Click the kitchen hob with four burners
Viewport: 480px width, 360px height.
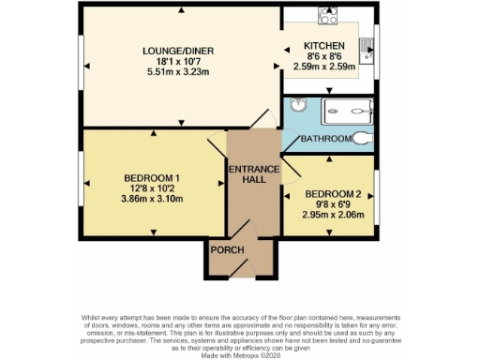[328, 16]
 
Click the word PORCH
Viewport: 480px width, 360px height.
[227, 250]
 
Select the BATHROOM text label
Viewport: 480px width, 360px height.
[326, 141]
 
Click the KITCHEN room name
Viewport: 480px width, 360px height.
[324, 46]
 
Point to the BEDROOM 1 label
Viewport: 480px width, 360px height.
[151, 179]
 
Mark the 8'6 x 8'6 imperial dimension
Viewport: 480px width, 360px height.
[324, 57]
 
